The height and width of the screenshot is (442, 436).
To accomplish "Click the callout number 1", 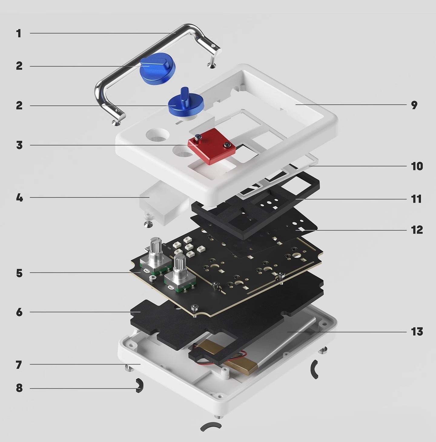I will click(19, 33).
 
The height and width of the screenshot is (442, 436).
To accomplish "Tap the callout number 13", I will click(417, 332).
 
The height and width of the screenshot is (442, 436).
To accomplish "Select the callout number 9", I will click(414, 105).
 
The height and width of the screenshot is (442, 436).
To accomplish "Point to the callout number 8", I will click(19, 388).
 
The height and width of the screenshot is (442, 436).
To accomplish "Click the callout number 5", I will click(19, 273).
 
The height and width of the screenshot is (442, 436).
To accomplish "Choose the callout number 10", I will click(417, 166).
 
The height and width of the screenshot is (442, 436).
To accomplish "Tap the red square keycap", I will click(211, 146).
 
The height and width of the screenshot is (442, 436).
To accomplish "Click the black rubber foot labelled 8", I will click(139, 385).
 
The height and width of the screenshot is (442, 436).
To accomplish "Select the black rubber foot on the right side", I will click(315, 369).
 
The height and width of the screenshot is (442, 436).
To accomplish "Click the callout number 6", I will click(19, 312).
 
